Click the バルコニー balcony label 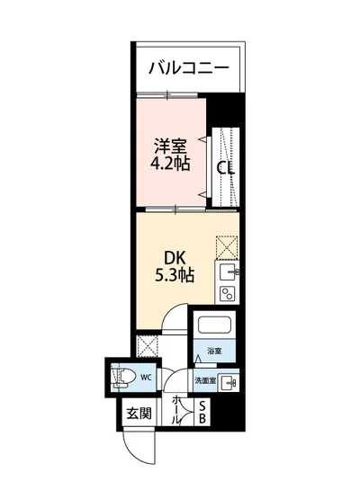(188, 67)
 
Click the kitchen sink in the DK (228, 272)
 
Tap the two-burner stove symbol (228, 293)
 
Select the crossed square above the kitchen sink (227, 245)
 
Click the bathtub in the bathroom (214, 327)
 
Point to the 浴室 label (214, 350)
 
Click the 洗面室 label (206, 379)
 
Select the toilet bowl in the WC (121, 377)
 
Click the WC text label (146, 378)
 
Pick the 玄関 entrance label (139, 414)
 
